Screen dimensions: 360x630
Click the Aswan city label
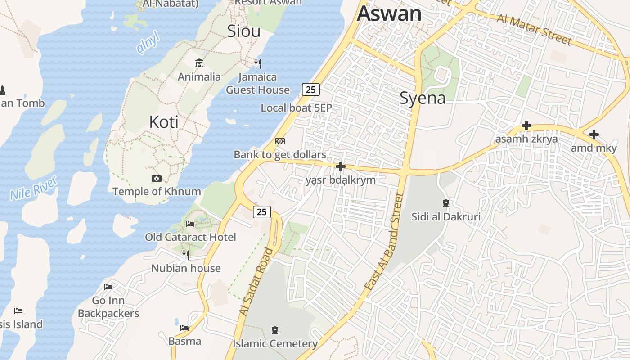click(x=389, y=13)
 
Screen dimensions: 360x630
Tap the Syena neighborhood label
click(x=423, y=98)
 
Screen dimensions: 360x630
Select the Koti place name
click(x=164, y=122)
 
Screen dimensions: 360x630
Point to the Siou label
click(x=243, y=31)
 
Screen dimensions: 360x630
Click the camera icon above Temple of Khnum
click(x=157, y=179)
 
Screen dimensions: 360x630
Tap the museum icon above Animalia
click(x=199, y=63)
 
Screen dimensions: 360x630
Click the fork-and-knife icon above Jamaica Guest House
click(x=258, y=63)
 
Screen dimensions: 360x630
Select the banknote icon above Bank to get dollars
click(x=280, y=141)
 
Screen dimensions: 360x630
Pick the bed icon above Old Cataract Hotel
click(x=190, y=224)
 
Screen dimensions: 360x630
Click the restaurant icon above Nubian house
click(x=186, y=255)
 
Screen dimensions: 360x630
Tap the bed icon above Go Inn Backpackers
click(x=108, y=287)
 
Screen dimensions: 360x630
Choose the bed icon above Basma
click(x=184, y=328)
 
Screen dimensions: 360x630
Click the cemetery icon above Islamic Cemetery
click(x=275, y=331)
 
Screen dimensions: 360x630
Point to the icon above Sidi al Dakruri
click(x=445, y=203)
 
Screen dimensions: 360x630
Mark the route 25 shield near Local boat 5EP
click(x=310, y=90)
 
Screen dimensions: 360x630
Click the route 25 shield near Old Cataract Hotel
click(x=261, y=212)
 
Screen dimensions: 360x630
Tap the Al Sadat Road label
click(x=256, y=282)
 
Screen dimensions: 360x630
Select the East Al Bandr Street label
click(x=382, y=241)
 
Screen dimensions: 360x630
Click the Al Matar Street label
click(x=535, y=30)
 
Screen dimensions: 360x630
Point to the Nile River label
click(x=34, y=188)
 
